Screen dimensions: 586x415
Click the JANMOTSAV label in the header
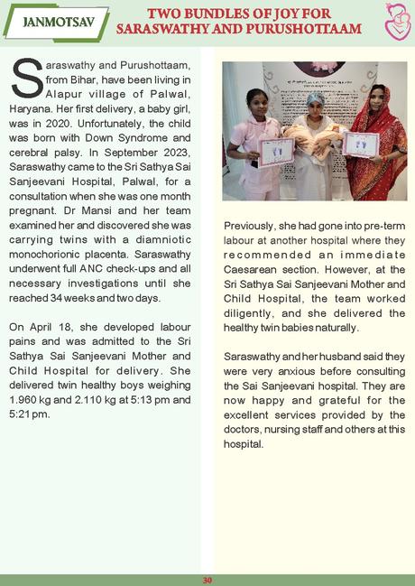(55, 21)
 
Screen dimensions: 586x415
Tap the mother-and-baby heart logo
(393, 23)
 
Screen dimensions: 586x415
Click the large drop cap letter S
(28, 79)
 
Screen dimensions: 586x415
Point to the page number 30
(207, 580)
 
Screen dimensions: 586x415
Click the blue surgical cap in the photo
(315, 96)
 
